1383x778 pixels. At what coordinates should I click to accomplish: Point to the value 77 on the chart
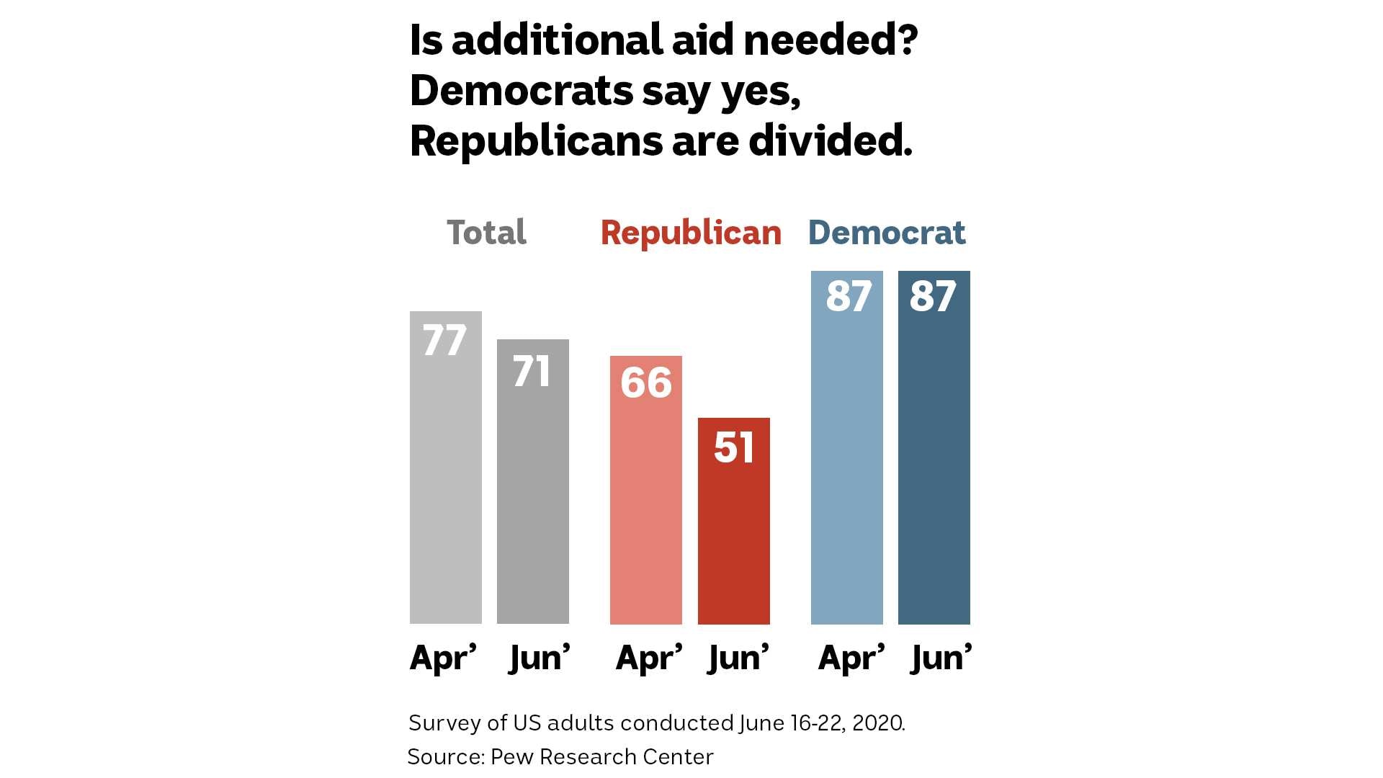click(x=444, y=340)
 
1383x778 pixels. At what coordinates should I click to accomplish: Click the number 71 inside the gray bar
click(x=532, y=371)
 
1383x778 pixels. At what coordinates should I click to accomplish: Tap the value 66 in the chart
click(x=646, y=382)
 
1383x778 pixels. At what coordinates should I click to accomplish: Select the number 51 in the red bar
click(x=734, y=447)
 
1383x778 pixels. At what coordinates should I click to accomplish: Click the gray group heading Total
click(x=486, y=233)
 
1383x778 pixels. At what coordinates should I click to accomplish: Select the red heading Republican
click(x=691, y=233)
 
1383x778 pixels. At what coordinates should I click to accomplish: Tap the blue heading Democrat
click(x=887, y=233)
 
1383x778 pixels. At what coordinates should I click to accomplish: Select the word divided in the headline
click(x=830, y=140)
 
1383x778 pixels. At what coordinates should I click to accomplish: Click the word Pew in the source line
click(x=512, y=757)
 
